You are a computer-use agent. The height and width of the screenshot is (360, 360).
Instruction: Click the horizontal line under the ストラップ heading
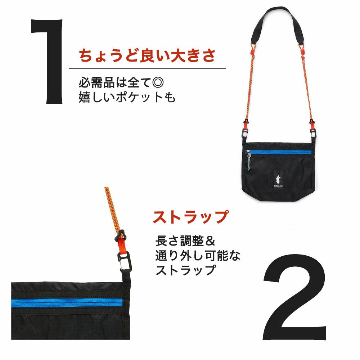pyautogui.click(x=214, y=230)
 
